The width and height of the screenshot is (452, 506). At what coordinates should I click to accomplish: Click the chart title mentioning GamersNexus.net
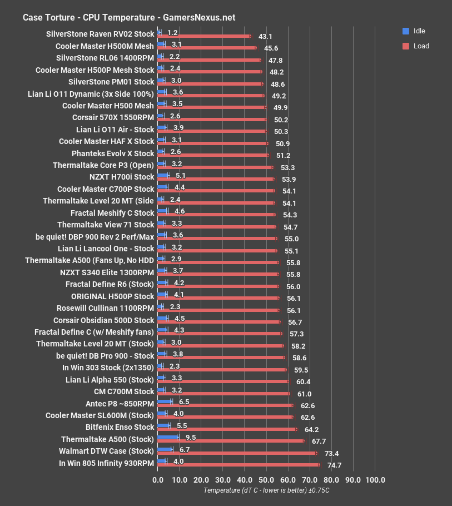pos(128,17)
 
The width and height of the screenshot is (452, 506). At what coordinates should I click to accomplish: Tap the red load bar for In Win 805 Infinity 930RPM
pos(239,465)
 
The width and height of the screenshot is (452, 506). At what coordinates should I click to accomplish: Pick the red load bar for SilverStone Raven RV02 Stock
pos(204,36)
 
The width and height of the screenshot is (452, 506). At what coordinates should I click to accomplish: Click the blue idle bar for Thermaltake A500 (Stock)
pos(168,438)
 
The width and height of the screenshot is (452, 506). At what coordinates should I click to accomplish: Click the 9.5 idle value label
pos(191,438)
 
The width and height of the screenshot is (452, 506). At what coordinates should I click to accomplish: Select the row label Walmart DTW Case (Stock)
pos(106,451)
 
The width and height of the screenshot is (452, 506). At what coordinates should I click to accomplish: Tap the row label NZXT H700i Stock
pos(121,177)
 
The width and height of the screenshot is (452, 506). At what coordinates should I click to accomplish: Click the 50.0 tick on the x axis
pos(266,480)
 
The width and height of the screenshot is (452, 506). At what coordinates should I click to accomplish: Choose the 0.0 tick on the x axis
pos(158,480)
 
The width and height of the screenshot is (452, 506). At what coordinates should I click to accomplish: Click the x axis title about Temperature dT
pos(266,490)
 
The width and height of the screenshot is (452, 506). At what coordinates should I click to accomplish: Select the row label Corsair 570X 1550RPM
pos(113,117)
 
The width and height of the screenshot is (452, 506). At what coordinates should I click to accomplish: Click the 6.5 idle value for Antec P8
pos(185,401)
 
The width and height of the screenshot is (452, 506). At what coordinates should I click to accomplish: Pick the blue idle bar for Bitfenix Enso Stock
pos(164,425)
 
